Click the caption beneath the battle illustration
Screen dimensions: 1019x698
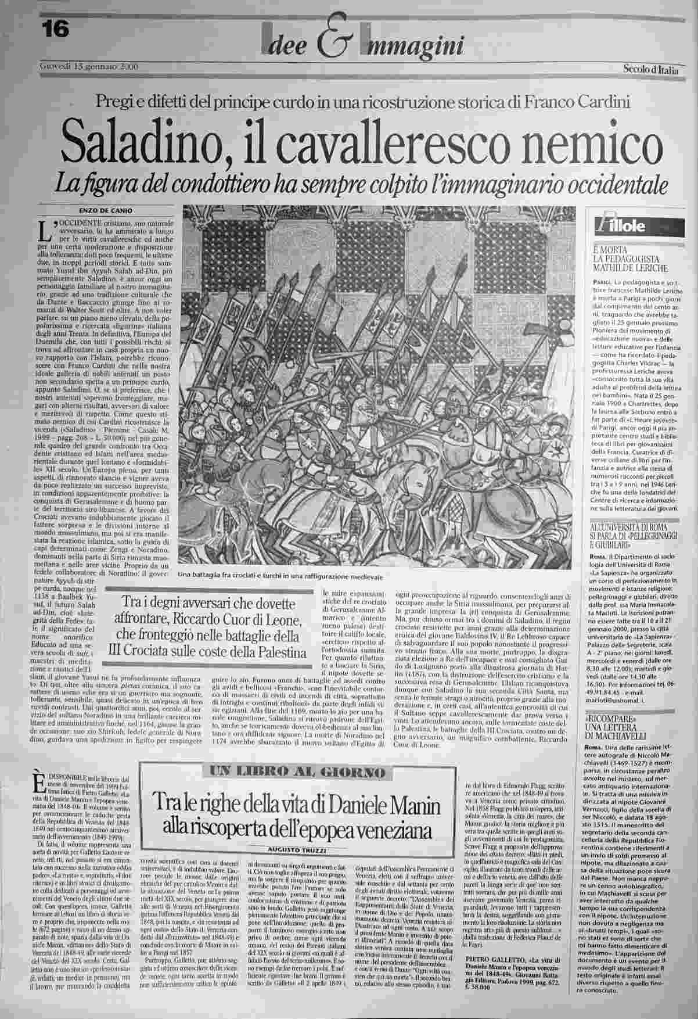(281, 576)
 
